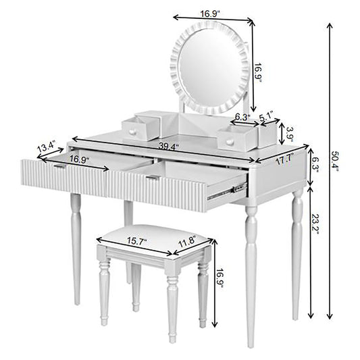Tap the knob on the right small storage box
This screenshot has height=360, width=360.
pos(230,141)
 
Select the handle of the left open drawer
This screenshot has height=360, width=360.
pos(59,166)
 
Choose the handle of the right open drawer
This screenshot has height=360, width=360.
pos(152,178)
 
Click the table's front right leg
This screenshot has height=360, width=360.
pos(251,270)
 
